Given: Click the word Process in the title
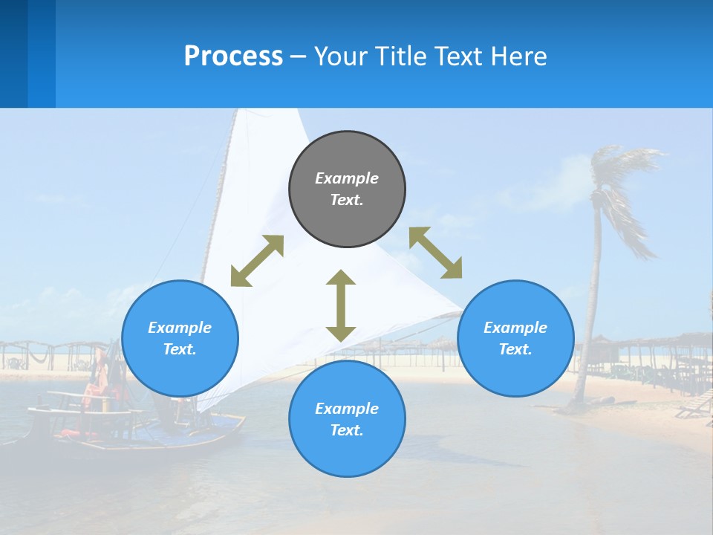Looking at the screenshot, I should tap(233, 56).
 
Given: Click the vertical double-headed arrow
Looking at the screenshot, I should tap(341, 305).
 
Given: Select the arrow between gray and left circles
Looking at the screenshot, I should tap(257, 261).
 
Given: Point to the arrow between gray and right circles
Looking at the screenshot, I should tap(435, 253).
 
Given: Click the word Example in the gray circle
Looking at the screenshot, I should tap(347, 178).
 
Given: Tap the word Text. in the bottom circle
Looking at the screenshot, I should tap(347, 430).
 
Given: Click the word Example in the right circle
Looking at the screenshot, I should tap(515, 328).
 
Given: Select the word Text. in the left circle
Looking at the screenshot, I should tap(180, 349).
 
